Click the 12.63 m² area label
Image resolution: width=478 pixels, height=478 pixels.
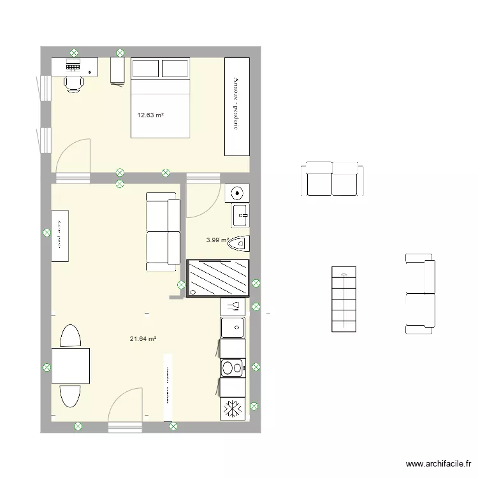pyautogui.click(x=150, y=115)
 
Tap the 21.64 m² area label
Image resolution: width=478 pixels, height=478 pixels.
pyautogui.click(x=143, y=339)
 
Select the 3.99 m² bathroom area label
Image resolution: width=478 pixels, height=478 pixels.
pyautogui.click(x=217, y=240)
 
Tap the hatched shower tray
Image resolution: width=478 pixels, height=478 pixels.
pyautogui.click(x=217, y=279)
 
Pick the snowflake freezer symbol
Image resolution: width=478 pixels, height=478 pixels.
pyautogui.click(x=232, y=409)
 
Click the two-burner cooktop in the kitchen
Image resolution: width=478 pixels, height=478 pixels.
pyautogui.click(x=232, y=368)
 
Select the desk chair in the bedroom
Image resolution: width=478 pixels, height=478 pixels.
pyautogui.click(x=73, y=81)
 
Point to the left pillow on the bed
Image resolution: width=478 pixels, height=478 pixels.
pyautogui.click(x=145, y=68)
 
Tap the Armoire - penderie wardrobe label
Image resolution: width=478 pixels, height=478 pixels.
pyautogui.click(x=236, y=105)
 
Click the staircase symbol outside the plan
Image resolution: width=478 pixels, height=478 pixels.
pyautogui.click(x=344, y=300)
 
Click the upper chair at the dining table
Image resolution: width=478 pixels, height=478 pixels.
pyautogui.click(x=69, y=336)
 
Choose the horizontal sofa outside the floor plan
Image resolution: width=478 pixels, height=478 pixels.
pyautogui.click(x=331, y=178)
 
